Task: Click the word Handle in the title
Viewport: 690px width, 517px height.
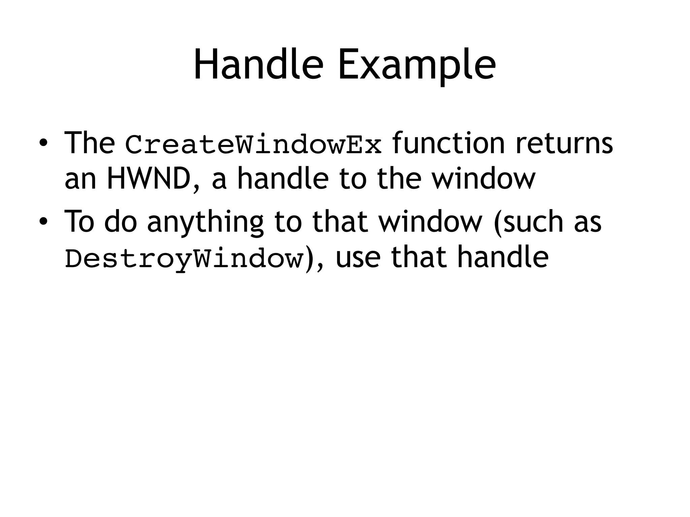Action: [x=258, y=65]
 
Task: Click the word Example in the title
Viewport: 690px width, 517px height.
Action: [x=417, y=65]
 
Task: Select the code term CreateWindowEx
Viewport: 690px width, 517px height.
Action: [x=253, y=144]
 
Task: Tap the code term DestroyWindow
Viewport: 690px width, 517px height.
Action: [x=184, y=258]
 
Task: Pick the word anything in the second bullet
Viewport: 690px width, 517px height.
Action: [x=205, y=222]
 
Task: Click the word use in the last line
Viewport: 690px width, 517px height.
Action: [x=358, y=257]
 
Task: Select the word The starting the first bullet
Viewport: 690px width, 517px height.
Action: [x=89, y=143]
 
